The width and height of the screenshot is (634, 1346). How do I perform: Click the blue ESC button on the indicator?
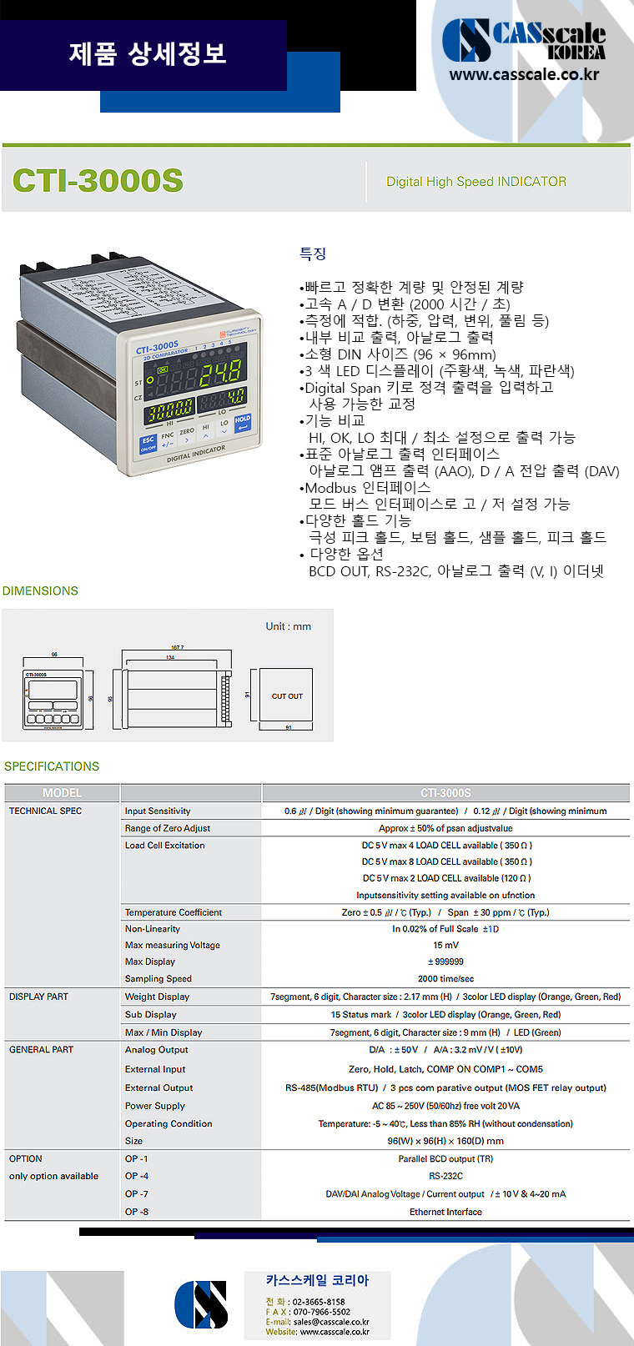pos(148,442)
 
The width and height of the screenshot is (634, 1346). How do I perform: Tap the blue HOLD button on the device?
pos(242,423)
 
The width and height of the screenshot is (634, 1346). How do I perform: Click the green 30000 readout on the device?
pos(171,408)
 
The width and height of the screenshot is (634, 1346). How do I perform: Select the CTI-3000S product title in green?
pos(98,181)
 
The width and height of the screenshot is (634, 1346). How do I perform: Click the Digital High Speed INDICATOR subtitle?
pos(475,182)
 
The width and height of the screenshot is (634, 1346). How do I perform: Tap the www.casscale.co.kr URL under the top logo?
pos(524,74)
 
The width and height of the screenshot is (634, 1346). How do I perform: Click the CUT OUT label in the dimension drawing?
pos(287,696)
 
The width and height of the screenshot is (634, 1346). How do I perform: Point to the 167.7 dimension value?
pos(177,647)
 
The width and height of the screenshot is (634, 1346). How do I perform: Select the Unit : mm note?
pos(288,626)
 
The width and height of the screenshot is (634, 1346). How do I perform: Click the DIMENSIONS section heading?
pos(40,590)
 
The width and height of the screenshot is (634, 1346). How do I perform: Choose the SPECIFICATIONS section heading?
pos(52,766)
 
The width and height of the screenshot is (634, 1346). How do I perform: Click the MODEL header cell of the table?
pos(62,792)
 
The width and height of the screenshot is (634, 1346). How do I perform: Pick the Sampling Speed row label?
pos(158,978)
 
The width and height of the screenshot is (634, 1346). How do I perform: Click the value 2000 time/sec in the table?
pos(445,978)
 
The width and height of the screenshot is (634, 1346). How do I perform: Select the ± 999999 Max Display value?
pos(445,962)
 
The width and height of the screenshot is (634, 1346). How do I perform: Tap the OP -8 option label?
pos(136,1212)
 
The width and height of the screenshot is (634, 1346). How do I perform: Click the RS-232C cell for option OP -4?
pos(445,1176)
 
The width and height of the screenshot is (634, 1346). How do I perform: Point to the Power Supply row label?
pos(154,1106)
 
